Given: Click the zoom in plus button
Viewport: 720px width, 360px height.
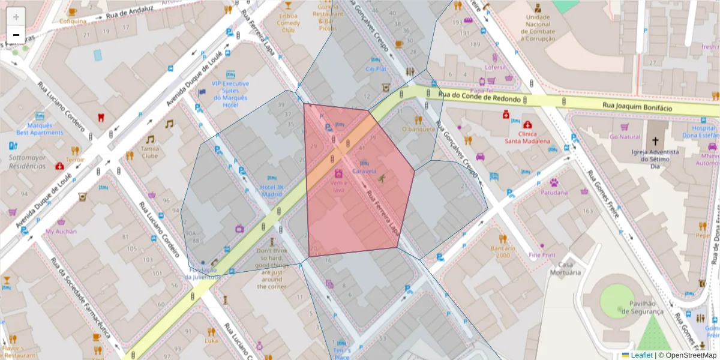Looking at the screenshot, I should pos(16,17).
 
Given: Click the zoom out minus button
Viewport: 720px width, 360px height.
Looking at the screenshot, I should pos(16,35).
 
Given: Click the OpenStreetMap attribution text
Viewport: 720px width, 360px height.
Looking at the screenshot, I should pos(687,355).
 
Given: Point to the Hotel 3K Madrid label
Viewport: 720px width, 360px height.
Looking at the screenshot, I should pos(271,190).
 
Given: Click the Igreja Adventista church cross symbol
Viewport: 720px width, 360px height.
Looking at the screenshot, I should pos(655,142).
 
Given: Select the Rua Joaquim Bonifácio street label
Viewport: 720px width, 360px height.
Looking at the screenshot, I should pos(646,107).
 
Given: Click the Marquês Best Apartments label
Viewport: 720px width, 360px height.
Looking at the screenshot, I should pos(40,129).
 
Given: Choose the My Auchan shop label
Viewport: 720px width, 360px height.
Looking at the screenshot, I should pos(61,231).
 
